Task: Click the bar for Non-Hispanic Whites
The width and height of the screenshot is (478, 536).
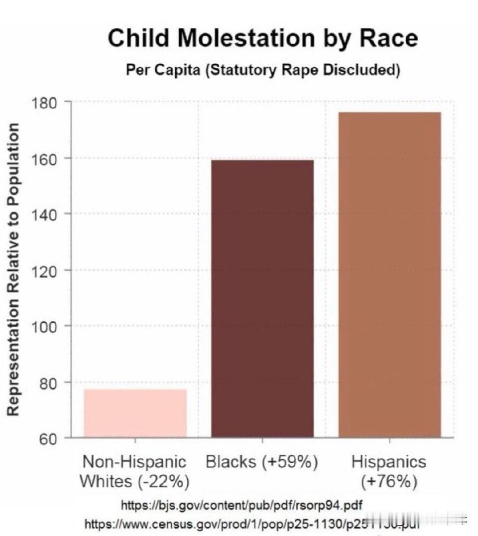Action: (x=135, y=413)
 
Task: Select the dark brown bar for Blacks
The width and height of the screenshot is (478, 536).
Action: (x=262, y=298)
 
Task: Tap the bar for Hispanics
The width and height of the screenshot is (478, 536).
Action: (x=389, y=274)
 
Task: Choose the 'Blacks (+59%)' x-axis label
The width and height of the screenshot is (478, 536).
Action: (x=262, y=462)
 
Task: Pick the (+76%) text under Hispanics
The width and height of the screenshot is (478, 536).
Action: (x=389, y=482)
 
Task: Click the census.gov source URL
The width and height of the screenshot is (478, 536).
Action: (x=249, y=524)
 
